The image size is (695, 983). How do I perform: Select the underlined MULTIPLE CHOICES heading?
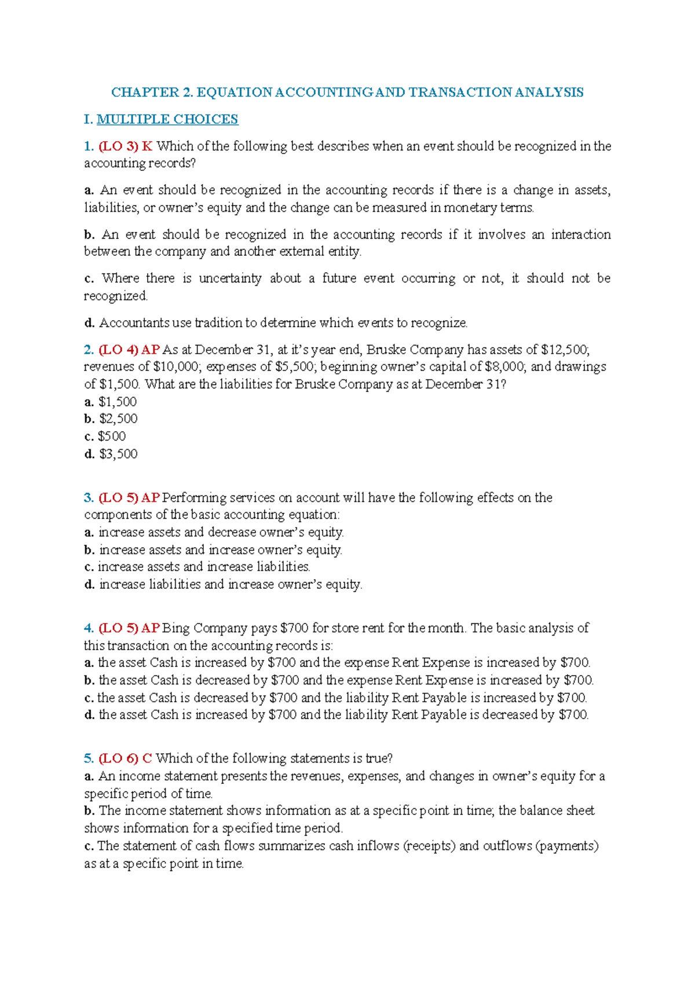[x=167, y=120]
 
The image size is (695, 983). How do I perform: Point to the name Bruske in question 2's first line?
[x=386, y=350]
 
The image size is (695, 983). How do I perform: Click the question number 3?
[x=89, y=498]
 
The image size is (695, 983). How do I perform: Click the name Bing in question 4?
[x=175, y=629]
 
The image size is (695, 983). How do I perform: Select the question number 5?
[x=89, y=759]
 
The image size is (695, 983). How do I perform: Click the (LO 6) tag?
[x=118, y=759]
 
